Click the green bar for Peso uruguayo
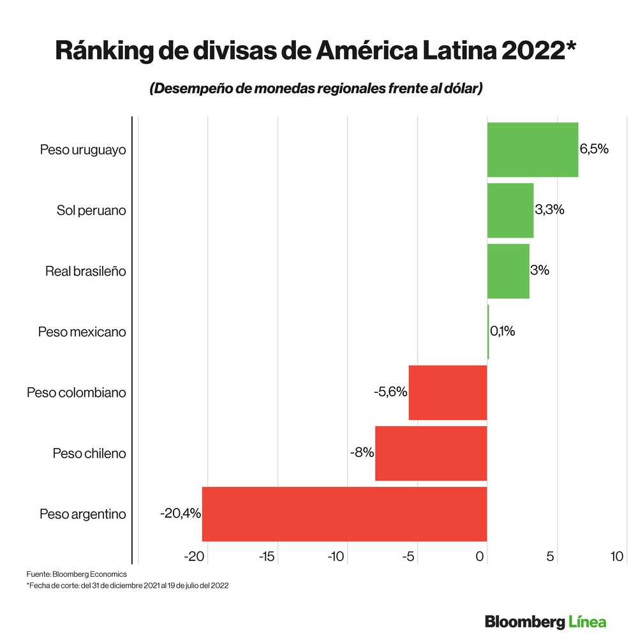pos(532,149)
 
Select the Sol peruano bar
pos(510,210)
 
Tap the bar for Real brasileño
pos(508,271)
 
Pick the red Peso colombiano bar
pos(447,392)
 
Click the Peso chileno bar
pos(431,453)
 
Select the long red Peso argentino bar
pos(345,514)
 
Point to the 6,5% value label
pos(594,149)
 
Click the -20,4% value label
pos(181,513)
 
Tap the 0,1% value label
pos(502,332)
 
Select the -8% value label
pos(362,453)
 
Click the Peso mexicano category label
pos(82,332)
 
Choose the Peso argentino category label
pos(82,514)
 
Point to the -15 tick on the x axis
pos(266,556)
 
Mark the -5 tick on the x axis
pos(408,556)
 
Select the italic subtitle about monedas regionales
pos(316,89)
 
